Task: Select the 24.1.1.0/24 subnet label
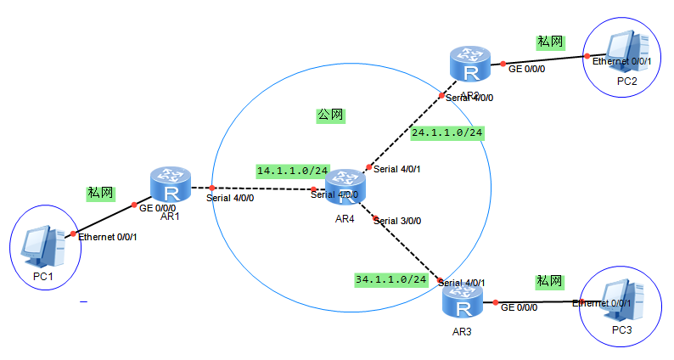tap(447, 132)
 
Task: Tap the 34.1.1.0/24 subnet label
tap(390, 278)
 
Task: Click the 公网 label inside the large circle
tap(331, 115)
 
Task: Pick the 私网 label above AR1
tap(100, 193)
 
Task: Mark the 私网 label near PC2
tap(550, 41)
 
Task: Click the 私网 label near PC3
tap(548, 280)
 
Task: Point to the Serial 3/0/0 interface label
tap(397, 221)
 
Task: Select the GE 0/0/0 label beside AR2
tap(527, 69)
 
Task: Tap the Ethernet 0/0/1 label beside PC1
tap(108, 237)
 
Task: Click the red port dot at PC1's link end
tap(73, 233)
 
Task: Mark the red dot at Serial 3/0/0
tap(376, 218)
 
